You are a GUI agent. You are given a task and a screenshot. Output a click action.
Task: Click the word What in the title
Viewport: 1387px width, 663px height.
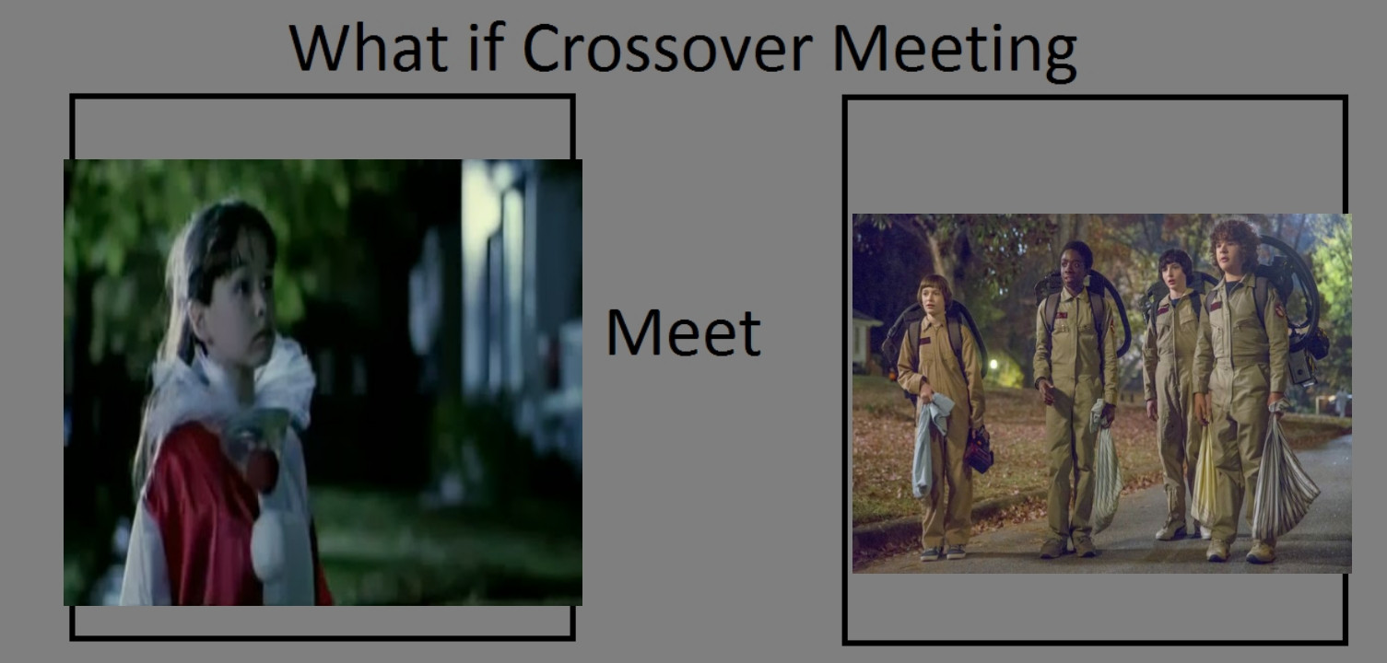[369, 48]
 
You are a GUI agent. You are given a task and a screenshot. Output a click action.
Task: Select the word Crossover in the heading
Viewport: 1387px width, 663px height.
[667, 48]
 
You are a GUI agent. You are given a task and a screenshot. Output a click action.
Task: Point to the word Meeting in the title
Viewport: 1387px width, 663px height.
[955, 51]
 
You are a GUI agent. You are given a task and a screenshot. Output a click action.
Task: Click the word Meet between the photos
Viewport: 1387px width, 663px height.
[683, 332]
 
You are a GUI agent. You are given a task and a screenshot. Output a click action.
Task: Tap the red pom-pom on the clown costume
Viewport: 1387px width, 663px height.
[263, 470]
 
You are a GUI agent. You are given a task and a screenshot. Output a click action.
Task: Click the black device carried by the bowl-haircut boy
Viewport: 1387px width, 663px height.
[979, 449]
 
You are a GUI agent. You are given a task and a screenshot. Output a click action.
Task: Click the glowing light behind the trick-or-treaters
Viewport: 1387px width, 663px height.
[993, 364]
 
